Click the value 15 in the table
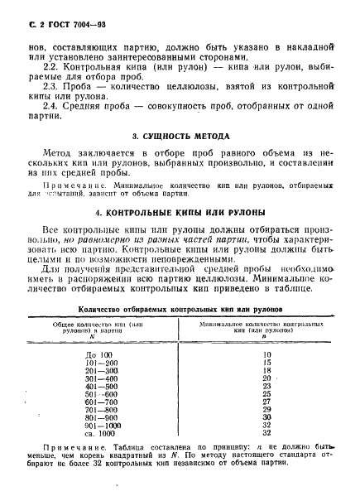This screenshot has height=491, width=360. pos(266,363)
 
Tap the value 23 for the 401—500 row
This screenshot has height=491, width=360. pos(266,386)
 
